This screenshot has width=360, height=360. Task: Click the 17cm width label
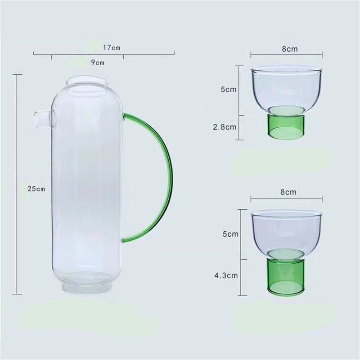[x=112, y=48]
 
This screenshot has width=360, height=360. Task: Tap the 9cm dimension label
[x=98, y=63]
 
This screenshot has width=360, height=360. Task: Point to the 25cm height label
[x=36, y=189]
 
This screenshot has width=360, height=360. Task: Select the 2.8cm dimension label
[x=225, y=127]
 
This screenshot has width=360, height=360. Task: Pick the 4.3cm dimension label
[x=226, y=275]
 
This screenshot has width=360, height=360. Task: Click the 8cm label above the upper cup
[x=290, y=49]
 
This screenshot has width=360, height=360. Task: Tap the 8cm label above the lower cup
[x=288, y=192]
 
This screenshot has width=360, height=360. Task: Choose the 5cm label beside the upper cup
[x=229, y=89]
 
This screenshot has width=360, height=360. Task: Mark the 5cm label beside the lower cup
[x=230, y=234]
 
